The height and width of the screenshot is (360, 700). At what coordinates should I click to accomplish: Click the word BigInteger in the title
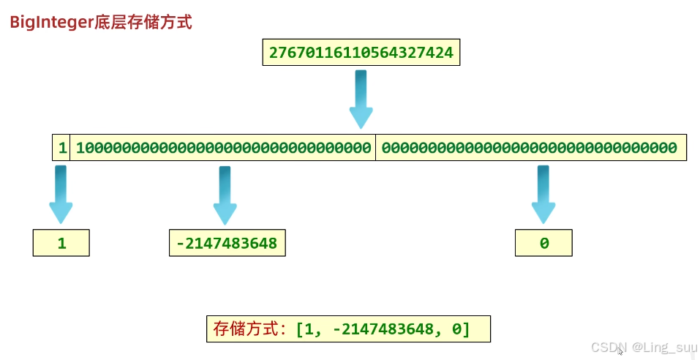click(50, 22)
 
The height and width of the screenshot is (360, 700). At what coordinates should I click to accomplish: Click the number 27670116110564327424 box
click(361, 53)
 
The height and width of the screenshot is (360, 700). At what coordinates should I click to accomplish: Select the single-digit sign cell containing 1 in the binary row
click(62, 148)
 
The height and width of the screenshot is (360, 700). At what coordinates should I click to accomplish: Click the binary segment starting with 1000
click(223, 148)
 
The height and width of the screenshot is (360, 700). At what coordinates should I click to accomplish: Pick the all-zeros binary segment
click(530, 148)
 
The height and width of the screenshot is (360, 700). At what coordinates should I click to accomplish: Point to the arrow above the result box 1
click(61, 195)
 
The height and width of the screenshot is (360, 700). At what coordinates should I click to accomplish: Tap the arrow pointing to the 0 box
click(543, 195)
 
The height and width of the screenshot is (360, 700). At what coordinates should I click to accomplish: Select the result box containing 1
click(61, 243)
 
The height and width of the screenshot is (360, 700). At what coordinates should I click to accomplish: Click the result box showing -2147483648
click(227, 243)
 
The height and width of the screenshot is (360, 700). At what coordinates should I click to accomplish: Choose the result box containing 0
click(543, 243)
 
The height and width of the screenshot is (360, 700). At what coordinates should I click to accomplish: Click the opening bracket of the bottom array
click(300, 329)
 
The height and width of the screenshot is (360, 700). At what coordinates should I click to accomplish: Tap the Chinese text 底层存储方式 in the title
click(143, 22)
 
